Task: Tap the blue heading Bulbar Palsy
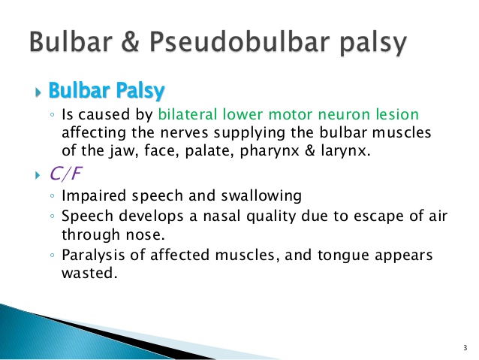[x=106, y=91]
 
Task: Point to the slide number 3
[x=465, y=348]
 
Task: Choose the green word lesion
[x=393, y=114]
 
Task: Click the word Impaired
[x=91, y=196]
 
